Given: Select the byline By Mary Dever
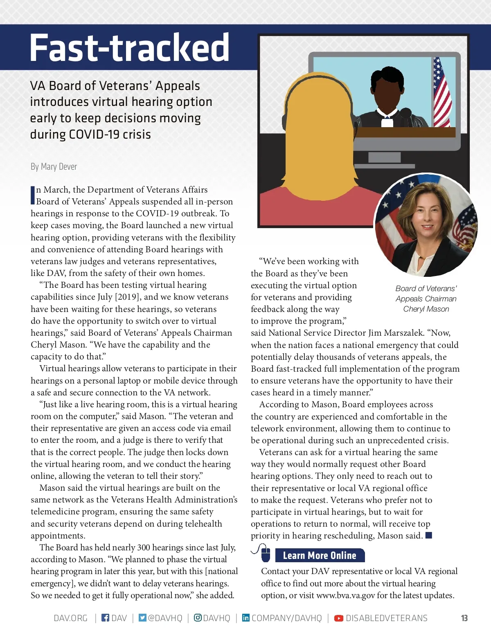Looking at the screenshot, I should (x=54, y=166).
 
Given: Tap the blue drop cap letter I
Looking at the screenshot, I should (x=33, y=195).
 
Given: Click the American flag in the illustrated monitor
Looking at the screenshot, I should (x=441, y=92).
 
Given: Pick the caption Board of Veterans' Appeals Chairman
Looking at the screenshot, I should (x=426, y=294).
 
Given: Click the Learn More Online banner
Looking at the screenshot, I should (x=320, y=555).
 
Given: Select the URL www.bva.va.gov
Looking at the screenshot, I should (x=345, y=595).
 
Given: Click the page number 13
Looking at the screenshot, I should (x=464, y=618).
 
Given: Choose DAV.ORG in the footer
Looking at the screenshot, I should (x=70, y=618).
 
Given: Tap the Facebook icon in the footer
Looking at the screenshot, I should (x=105, y=617).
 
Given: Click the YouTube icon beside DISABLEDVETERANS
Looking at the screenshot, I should (x=339, y=618).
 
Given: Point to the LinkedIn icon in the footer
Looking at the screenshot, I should (x=245, y=617).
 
